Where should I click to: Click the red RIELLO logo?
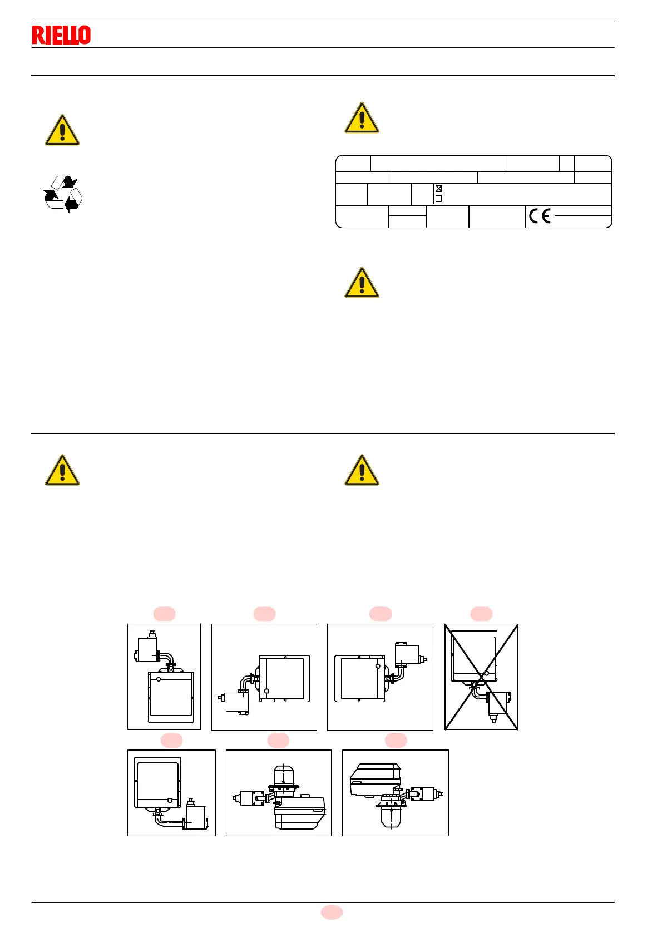pyautogui.click(x=61, y=35)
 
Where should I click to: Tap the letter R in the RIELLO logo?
pyautogui.click(x=38, y=35)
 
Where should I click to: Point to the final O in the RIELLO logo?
pyautogui.click(x=85, y=35)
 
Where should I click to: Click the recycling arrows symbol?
pyautogui.click(x=63, y=194)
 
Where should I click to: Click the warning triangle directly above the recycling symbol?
pyautogui.click(x=62, y=131)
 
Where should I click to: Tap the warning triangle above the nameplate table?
pyautogui.click(x=362, y=118)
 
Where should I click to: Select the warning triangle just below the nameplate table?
pyautogui.click(x=362, y=283)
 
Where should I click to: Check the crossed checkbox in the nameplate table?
pyautogui.click(x=439, y=189)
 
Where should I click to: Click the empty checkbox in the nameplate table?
pyautogui.click(x=439, y=198)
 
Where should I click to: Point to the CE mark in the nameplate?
pyautogui.click(x=540, y=216)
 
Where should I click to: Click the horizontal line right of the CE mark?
pyautogui.click(x=582, y=216)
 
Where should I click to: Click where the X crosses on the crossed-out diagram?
pyautogui.click(x=482, y=677)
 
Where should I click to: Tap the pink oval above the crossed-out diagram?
pyautogui.click(x=481, y=614)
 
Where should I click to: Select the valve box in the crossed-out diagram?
pyautogui.click(x=498, y=703)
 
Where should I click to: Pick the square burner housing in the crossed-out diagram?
pyautogui.click(x=474, y=655)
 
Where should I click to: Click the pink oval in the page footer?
pyautogui.click(x=332, y=912)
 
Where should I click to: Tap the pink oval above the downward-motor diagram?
pyautogui.click(x=396, y=740)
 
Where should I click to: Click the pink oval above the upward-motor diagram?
pyautogui.click(x=278, y=740)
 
